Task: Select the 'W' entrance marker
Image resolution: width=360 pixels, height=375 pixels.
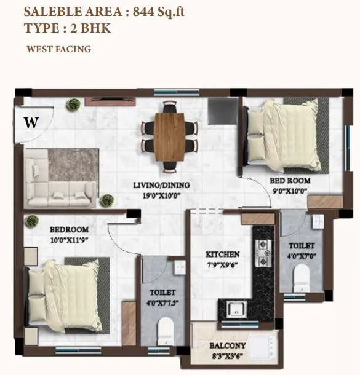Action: pos(30,122)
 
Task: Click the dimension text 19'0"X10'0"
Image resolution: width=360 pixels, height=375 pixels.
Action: pos(162,195)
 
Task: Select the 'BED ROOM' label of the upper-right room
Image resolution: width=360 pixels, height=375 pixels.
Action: pos(290,181)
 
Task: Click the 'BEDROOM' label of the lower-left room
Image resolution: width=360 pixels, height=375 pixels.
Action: pos(69,230)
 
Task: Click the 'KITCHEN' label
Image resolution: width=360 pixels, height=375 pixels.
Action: pos(222,255)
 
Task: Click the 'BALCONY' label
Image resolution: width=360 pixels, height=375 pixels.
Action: pos(227,345)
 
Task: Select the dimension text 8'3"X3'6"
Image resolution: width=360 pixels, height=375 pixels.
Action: pos(228,356)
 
